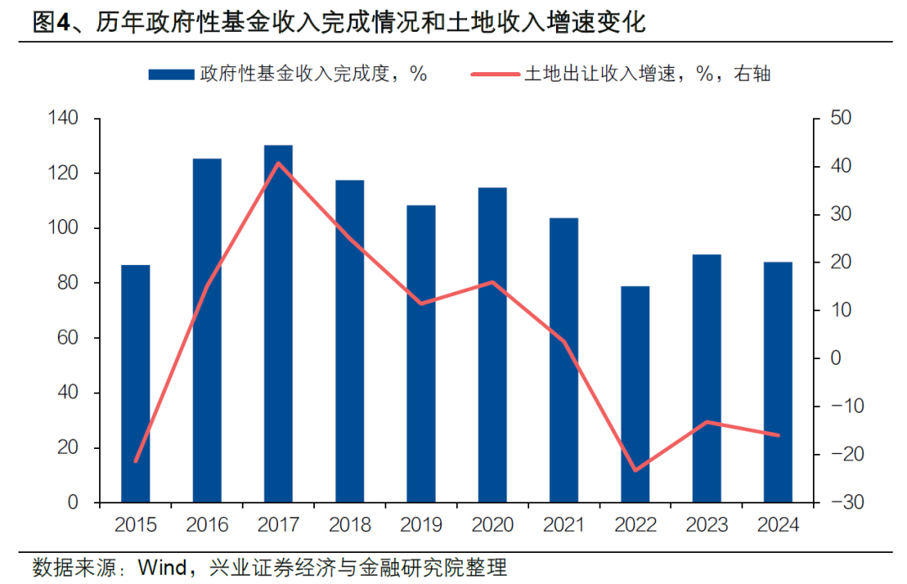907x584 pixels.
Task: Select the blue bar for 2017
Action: pos(278,324)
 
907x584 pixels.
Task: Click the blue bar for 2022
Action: pos(635,394)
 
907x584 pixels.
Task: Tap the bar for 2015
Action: pos(135,383)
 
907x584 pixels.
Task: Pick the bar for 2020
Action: pos(492,345)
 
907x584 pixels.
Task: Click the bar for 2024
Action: pos(778,382)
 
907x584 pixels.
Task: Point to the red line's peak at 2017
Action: pos(278,163)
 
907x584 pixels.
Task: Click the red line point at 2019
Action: pos(421,303)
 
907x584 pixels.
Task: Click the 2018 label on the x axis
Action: pos(349,525)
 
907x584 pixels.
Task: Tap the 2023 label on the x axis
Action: pos(706,525)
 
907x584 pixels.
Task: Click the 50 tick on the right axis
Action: pos(839,119)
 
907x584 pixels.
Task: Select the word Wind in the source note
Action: pos(161,567)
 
